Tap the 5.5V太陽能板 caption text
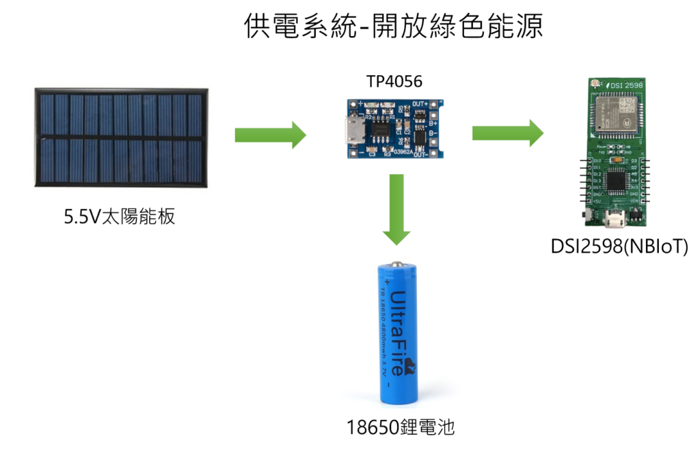(120, 216)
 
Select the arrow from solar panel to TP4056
(271, 135)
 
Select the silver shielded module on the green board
(615, 111)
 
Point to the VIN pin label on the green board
(634, 201)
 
